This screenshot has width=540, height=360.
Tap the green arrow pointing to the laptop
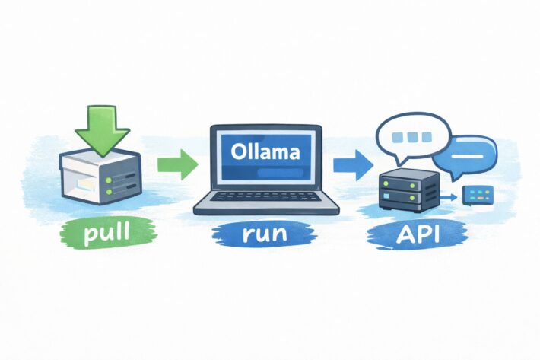pos(177,163)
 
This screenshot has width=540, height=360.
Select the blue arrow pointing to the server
pos(352,163)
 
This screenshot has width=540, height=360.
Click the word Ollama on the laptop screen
pos(265,151)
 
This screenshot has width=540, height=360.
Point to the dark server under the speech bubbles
pos(408,191)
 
